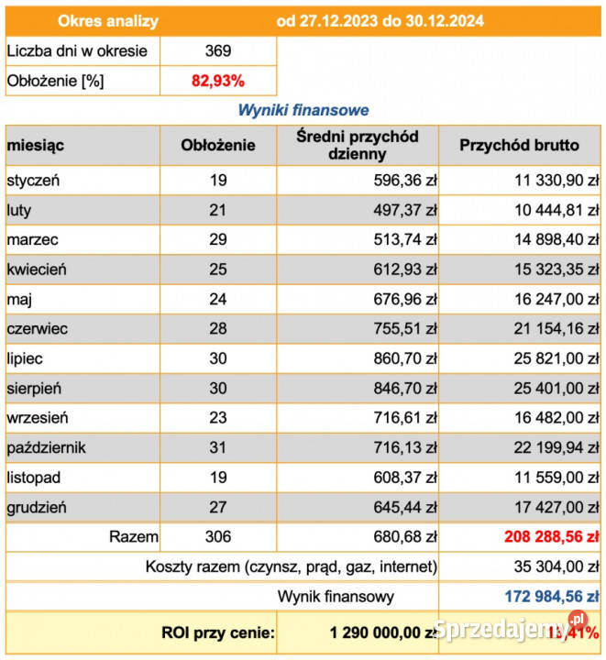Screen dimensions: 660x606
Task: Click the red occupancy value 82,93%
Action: tap(218, 81)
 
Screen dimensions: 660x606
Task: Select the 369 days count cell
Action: tap(218, 51)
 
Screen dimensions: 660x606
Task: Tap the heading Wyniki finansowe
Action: tap(303, 110)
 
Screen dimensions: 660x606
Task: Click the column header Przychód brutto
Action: tap(519, 145)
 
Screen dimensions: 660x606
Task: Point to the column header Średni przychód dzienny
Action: tap(358, 145)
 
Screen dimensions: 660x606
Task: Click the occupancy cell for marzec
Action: tap(218, 239)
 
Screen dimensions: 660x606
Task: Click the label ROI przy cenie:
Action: tap(218, 632)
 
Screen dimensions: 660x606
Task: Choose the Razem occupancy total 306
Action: tap(218, 537)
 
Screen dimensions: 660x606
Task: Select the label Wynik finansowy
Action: tap(336, 597)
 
